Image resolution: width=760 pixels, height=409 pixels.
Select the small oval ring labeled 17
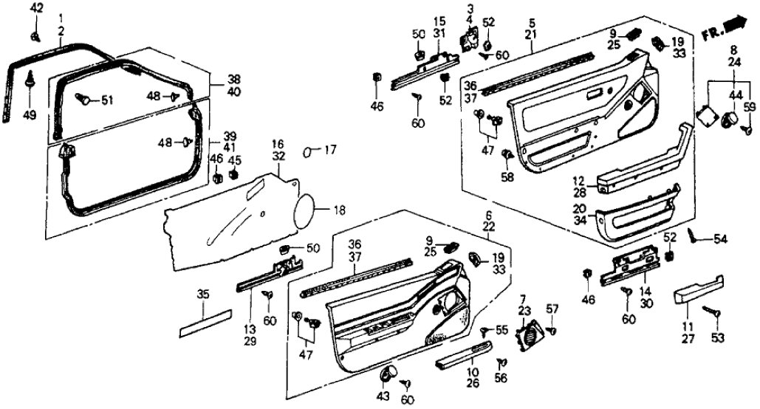(x=309, y=152)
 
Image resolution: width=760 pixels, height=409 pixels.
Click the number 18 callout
(x=338, y=210)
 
